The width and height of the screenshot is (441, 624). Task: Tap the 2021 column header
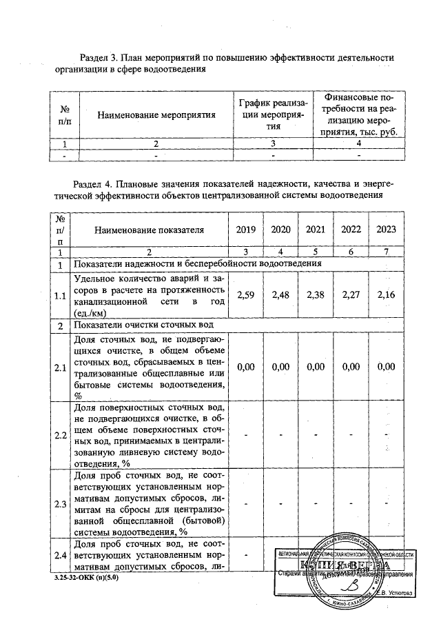(x=316, y=230)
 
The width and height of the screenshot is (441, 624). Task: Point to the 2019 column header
(x=246, y=230)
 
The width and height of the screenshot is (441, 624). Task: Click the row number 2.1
(x=60, y=368)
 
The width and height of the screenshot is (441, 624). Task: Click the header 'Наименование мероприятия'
(x=157, y=114)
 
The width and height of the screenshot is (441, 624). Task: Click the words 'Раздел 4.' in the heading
(x=94, y=184)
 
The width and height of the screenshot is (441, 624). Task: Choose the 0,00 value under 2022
(x=351, y=368)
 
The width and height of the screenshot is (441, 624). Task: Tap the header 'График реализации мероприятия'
(x=274, y=114)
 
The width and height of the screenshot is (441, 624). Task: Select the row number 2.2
(x=60, y=436)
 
